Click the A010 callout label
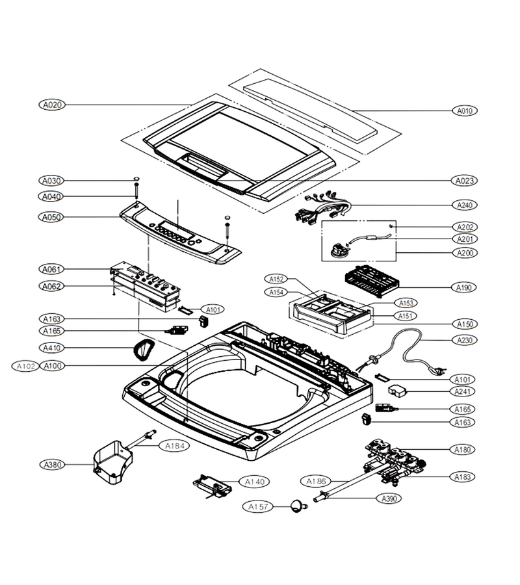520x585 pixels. tap(464, 110)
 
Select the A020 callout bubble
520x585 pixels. tap(52, 105)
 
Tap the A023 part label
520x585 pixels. tap(464, 181)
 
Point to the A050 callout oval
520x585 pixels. tap(51, 217)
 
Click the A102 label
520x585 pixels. tap(26, 367)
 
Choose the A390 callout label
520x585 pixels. tap(389, 499)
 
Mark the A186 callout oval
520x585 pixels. tap(316, 482)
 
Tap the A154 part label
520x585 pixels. tap(276, 292)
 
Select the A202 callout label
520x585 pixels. tap(465, 227)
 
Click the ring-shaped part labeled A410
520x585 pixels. tap(142, 350)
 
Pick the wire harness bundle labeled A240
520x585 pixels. tap(324, 208)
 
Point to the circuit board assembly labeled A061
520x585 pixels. tap(146, 285)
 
